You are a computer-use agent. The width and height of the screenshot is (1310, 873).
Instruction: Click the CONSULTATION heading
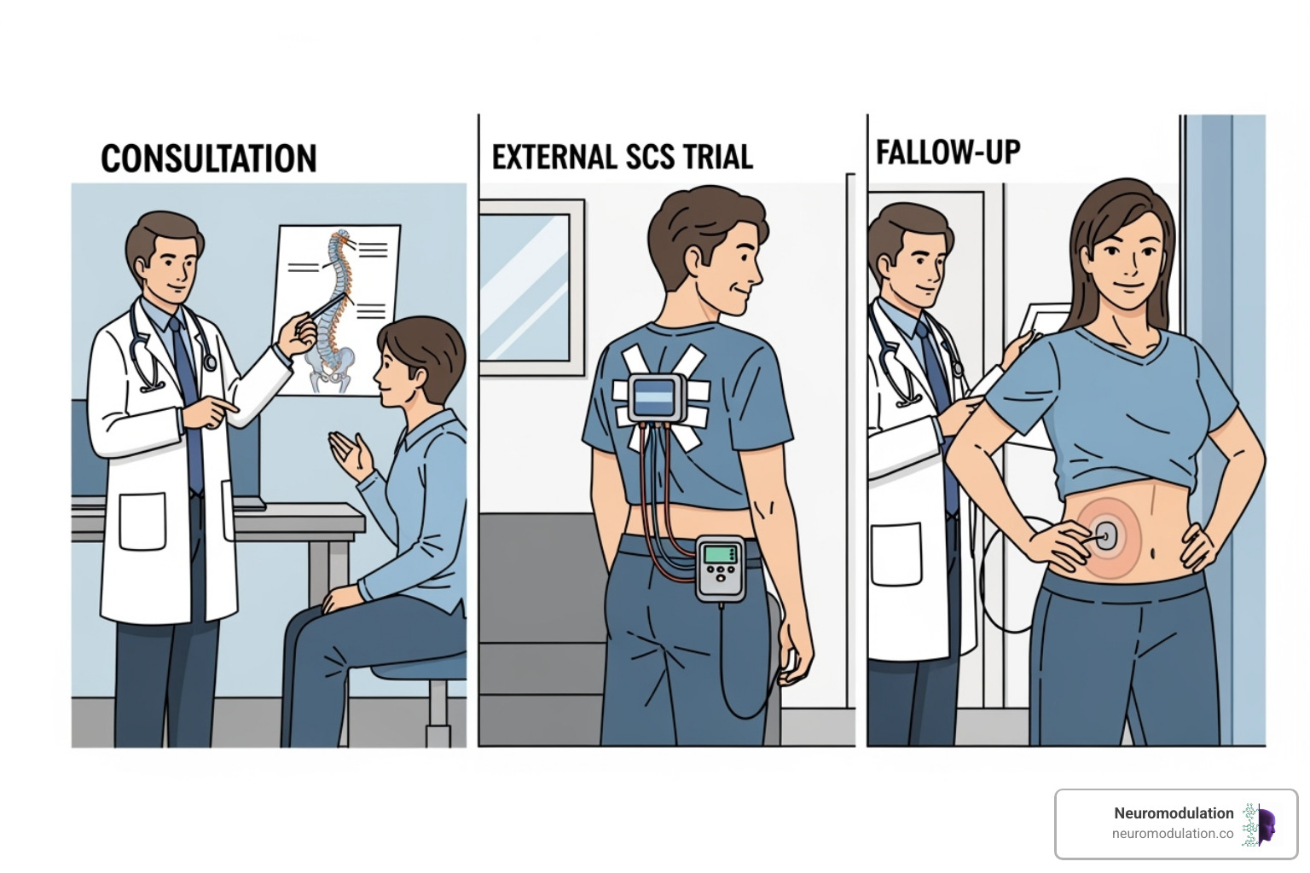pyautogui.click(x=208, y=159)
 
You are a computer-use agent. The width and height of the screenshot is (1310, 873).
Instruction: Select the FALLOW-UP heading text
pyautogui.click(x=948, y=153)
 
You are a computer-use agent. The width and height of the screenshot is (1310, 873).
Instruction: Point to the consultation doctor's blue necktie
pyautogui.click(x=187, y=384)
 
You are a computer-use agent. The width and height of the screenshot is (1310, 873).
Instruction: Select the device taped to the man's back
pyautogui.click(x=655, y=398)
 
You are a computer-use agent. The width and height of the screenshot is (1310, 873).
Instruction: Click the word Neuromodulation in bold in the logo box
pyautogui.click(x=1173, y=813)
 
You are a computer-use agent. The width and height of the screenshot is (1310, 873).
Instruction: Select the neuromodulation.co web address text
pyautogui.click(x=1172, y=834)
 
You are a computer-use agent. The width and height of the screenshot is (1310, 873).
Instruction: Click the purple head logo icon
pyautogui.click(x=1261, y=824)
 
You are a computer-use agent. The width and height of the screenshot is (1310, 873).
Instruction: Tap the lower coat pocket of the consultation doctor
pyautogui.click(x=141, y=522)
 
